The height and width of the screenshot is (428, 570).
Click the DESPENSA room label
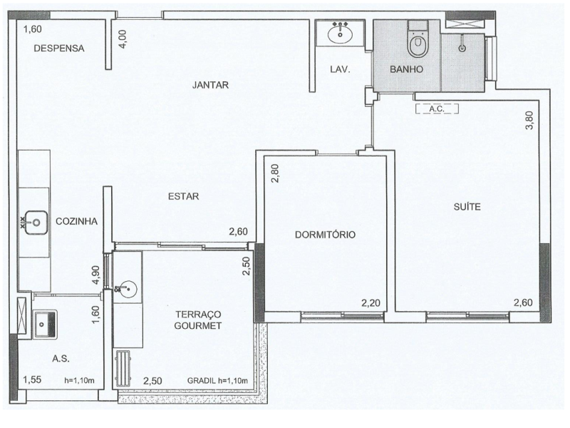click(x=60, y=49)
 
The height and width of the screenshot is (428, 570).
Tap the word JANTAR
click(x=210, y=85)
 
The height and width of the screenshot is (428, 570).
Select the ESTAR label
click(x=184, y=197)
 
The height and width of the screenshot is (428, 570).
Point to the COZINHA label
click(x=76, y=221)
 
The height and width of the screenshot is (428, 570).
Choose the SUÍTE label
click(x=467, y=207)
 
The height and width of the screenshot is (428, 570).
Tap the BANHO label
click(x=407, y=70)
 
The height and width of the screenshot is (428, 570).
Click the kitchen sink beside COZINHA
click(x=33, y=223)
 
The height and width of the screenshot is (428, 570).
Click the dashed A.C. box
click(x=435, y=109)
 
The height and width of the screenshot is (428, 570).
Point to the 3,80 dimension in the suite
click(x=529, y=121)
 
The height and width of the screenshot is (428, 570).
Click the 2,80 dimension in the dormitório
click(x=275, y=174)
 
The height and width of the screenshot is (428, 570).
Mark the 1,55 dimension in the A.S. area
click(x=33, y=379)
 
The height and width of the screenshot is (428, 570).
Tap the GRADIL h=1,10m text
click(x=217, y=380)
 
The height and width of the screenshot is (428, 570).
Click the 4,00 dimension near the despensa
click(x=123, y=39)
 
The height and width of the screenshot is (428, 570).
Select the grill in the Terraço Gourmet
click(x=124, y=367)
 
